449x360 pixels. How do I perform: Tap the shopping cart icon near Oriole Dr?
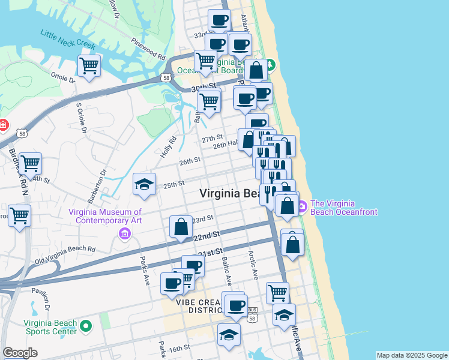click(x=89, y=65)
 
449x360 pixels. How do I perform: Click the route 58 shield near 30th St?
click(x=165, y=77)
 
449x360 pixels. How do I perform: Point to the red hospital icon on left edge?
click(x=2, y=125)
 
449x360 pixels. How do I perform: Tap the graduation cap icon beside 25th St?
click(x=144, y=184)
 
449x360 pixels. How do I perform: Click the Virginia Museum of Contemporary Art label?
click(x=105, y=216)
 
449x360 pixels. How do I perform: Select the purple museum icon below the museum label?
click(x=124, y=233)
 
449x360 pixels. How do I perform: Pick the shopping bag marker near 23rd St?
click(x=181, y=227)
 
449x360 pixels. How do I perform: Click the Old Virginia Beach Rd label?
click(x=65, y=254)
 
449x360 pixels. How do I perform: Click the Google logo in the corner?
click(x=19, y=353)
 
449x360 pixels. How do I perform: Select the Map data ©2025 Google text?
click(x=412, y=355)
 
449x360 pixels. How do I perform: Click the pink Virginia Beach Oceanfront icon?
click(x=301, y=207)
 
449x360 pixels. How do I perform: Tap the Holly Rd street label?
click(x=169, y=147)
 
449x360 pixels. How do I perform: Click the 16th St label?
click(x=179, y=348)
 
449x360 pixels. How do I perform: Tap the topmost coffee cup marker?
click(x=219, y=20)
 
